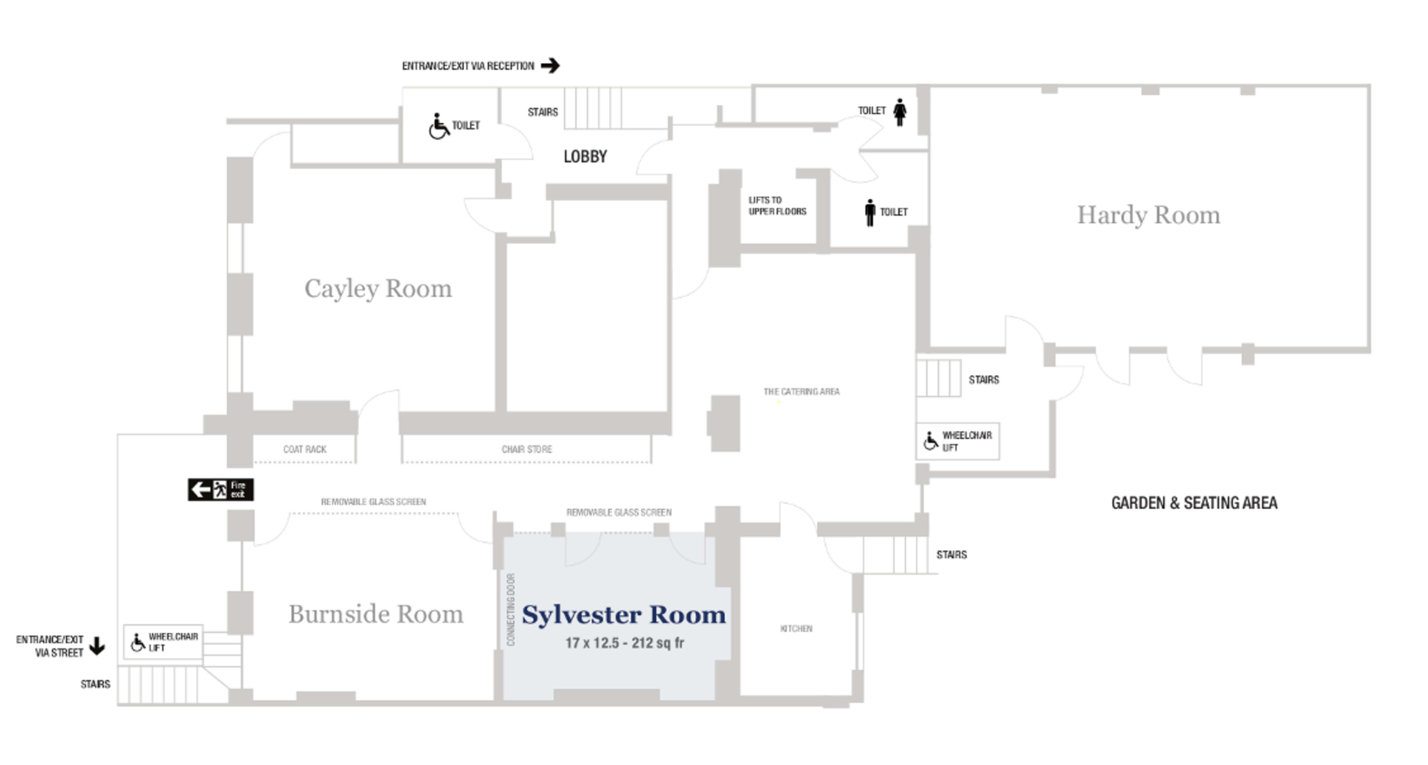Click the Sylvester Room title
click(624, 615)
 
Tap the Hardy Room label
click(1148, 215)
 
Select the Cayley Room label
click(378, 289)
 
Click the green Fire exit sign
click(221, 489)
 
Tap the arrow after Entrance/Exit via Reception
click(550, 66)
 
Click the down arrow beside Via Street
click(97, 646)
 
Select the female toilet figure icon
click(900, 112)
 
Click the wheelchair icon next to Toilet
click(438, 127)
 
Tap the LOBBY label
click(585, 156)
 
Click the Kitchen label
click(795, 628)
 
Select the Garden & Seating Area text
click(1194, 503)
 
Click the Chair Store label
click(527, 449)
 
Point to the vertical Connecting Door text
click(511, 609)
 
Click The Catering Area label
click(801, 392)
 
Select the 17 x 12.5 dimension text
click(624, 643)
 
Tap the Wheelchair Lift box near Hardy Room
click(957, 442)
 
